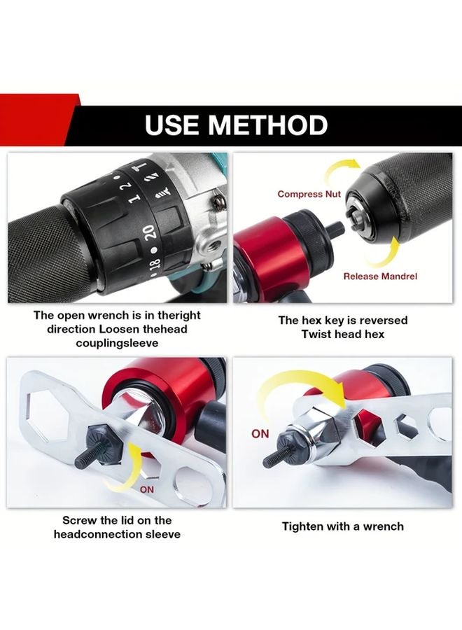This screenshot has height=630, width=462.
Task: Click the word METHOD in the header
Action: (268, 125)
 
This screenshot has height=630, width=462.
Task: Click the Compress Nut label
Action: (309, 194)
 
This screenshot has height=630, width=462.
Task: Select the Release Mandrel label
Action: (380, 276)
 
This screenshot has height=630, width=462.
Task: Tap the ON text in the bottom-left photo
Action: (147, 489)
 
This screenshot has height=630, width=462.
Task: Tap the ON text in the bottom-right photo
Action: (260, 434)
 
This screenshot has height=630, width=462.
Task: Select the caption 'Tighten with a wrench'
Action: (343, 526)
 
